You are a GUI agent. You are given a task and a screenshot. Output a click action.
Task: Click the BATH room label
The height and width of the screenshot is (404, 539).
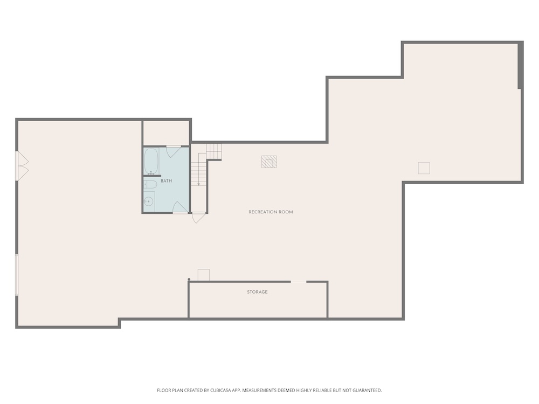[167, 180]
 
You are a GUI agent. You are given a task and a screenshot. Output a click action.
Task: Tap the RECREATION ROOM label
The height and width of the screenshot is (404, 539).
[271, 212]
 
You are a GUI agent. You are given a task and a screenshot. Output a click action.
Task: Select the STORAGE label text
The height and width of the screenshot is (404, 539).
[257, 292]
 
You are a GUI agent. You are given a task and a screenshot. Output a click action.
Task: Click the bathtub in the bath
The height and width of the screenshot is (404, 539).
[151, 161]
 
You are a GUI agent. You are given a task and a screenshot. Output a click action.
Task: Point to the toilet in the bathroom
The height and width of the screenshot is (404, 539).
[150, 184]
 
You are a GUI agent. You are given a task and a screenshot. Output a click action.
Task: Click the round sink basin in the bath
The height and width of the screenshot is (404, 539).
[149, 201]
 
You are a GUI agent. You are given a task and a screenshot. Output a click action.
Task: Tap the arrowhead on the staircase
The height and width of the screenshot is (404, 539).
[199, 184]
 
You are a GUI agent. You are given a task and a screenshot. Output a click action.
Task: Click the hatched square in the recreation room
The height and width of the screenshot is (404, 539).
[269, 162]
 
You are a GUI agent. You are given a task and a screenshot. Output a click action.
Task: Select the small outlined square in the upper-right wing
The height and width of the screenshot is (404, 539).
[424, 168]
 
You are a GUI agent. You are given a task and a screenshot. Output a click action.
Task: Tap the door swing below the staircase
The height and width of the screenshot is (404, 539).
[198, 218]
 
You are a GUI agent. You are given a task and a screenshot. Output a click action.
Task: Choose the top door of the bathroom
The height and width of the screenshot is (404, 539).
[174, 151]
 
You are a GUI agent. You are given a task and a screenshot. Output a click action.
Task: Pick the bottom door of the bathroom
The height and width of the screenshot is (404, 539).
[180, 207]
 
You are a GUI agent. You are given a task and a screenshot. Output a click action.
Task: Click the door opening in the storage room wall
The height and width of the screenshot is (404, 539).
[299, 282]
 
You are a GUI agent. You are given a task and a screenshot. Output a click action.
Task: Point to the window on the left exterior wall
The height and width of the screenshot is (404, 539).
[17, 275]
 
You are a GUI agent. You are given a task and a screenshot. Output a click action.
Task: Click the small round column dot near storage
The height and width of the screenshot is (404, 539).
[189, 279]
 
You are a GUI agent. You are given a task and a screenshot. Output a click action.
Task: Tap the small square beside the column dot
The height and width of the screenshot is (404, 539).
[204, 275]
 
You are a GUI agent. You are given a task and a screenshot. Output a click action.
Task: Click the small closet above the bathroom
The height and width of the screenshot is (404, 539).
[167, 133]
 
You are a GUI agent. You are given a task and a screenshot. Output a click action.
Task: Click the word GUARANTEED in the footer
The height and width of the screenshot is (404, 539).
[368, 390]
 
